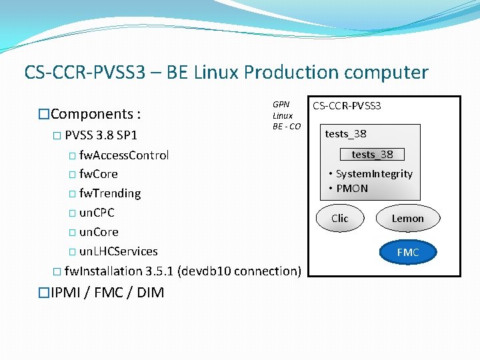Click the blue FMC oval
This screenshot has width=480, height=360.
[407, 253]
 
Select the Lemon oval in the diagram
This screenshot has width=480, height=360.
[407, 219]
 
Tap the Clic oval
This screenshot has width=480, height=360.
[340, 219]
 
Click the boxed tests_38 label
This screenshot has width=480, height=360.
[372, 155]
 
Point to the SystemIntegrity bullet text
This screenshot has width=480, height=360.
[374, 174]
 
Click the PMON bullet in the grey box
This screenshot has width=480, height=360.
[352, 189]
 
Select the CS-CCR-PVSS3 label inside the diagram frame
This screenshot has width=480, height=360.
[347, 106]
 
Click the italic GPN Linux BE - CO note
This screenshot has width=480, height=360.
[286, 115]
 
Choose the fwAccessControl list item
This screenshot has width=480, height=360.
[124, 155]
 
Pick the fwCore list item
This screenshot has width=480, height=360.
[99, 174]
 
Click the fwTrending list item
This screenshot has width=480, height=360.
[110, 193]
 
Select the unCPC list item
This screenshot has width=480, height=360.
[97, 213]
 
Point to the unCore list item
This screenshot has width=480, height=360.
[99, 232]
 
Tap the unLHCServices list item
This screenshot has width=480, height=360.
[119, 251]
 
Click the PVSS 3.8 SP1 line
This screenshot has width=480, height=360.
[101, 136]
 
